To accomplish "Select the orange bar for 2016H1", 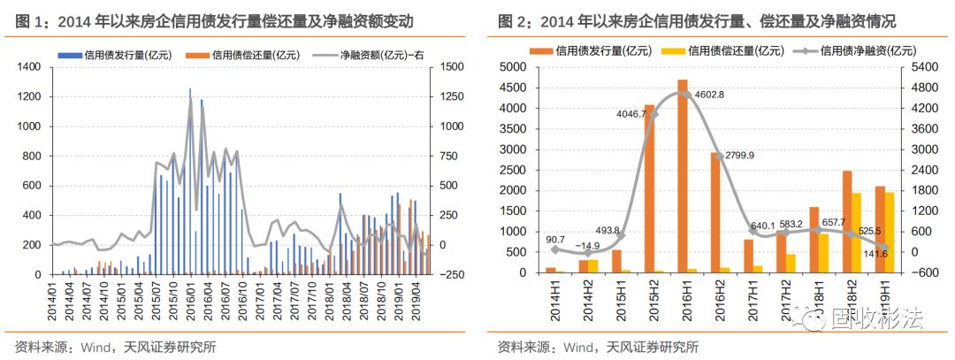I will point(683,177).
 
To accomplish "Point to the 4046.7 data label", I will point(624,114).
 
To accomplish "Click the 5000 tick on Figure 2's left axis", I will point(523,67).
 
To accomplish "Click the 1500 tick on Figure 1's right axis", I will point(450,67).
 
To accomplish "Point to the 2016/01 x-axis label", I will point(188,301).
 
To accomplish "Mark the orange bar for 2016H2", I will point(715,213).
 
